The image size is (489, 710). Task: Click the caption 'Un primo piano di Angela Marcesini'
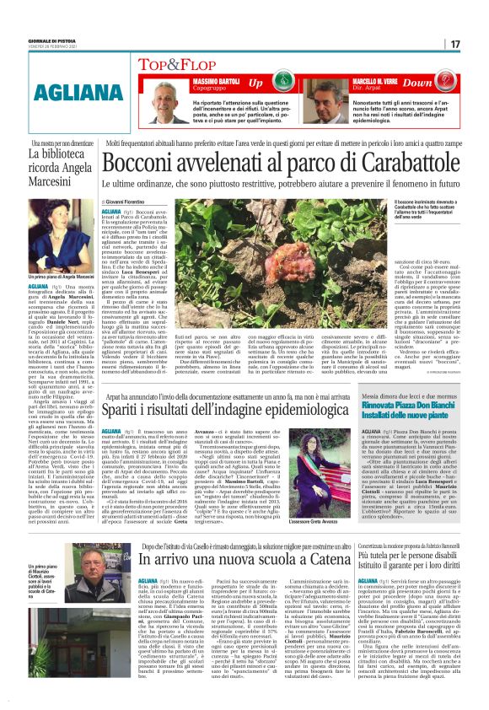tap(47, 277)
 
